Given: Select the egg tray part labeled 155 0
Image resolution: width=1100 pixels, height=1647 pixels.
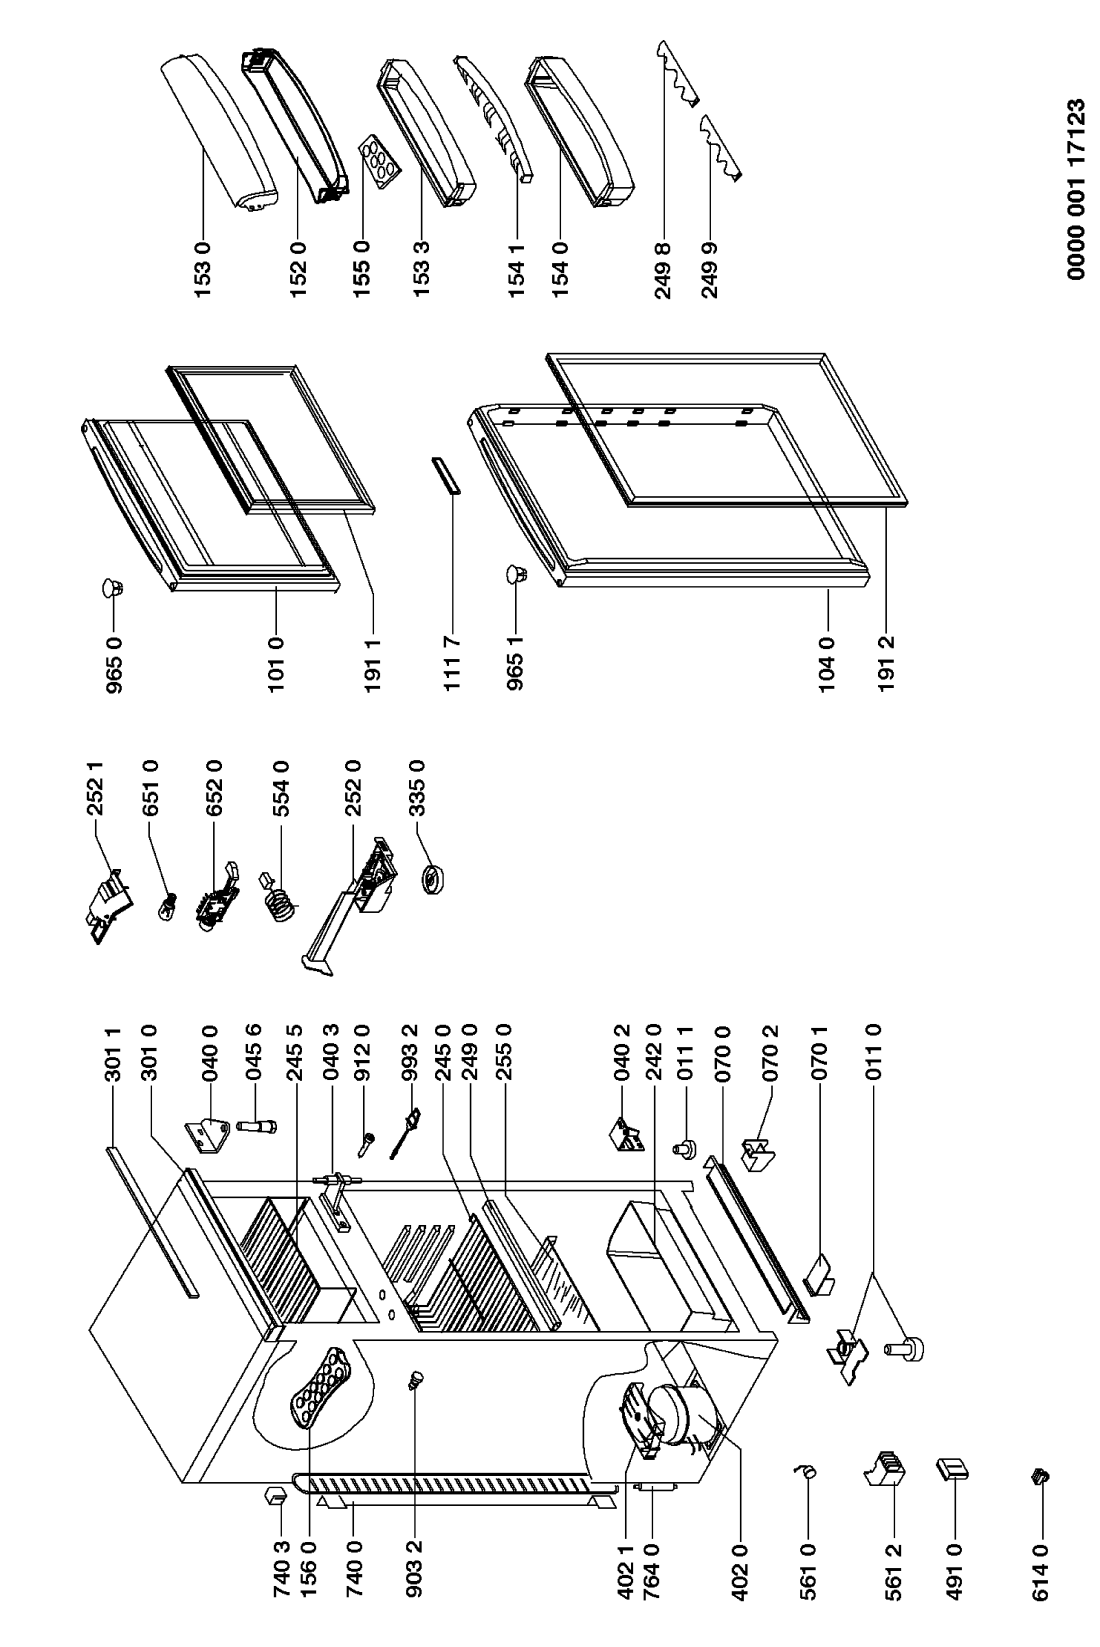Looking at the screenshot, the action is (x=380, y=161).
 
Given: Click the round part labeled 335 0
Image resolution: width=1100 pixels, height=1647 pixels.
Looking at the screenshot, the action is (x=434, y=879).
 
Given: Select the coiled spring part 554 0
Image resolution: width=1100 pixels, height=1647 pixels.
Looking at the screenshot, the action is (x=277, y=894).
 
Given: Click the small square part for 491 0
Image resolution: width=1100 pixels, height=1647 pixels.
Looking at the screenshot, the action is (x=951, y=1469).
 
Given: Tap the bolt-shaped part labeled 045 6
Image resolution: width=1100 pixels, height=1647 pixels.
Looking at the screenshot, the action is (x=256, y=1127).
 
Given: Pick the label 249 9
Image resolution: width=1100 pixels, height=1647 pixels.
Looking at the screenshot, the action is (x=710, y=270).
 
